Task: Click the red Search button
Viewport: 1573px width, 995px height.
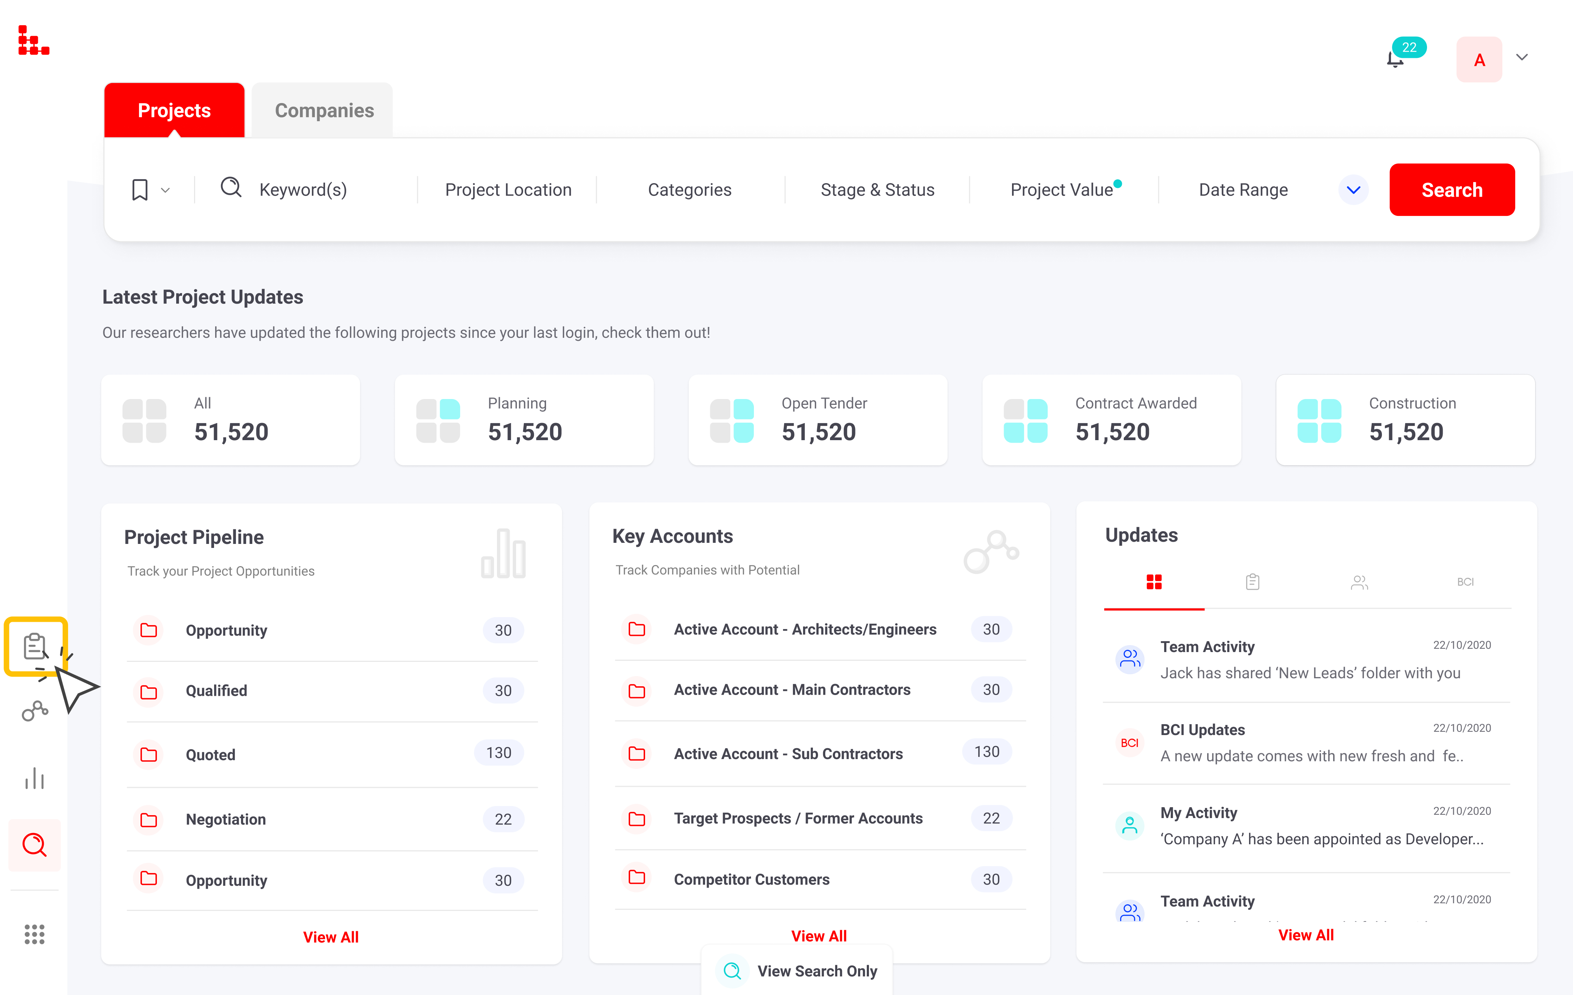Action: point(1451,190)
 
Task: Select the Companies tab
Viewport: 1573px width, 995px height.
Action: point(324,110)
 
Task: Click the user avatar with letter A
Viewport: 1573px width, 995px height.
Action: point(1479,59)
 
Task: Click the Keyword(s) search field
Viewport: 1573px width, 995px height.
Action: point(303,190)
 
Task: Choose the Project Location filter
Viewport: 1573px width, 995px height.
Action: point(508,190)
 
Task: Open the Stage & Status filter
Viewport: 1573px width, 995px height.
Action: point(877,190)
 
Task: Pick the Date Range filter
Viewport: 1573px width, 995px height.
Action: point(1243,190)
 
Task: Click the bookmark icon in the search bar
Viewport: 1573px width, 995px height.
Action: point(140,190)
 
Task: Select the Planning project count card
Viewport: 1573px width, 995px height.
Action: point(524,420)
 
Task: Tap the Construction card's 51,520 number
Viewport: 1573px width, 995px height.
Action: point(1406,432)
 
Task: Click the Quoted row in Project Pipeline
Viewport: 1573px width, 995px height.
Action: point(210,755)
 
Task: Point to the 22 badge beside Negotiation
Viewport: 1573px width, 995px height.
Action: point(503,819)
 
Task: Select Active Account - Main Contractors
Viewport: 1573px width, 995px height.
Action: point(792,690)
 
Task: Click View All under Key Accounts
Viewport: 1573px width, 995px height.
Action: point(818,936)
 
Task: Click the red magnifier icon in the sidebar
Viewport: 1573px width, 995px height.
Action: point(35,845)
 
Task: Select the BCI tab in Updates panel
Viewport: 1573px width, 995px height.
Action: point(1465,581)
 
